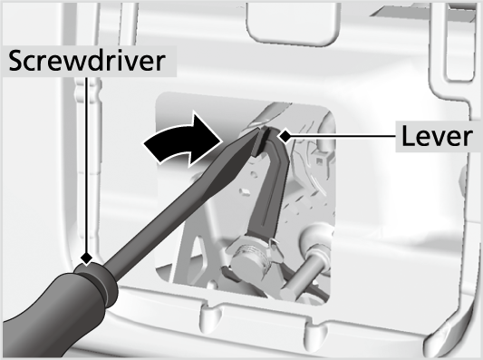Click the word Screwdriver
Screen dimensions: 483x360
click(87, 61)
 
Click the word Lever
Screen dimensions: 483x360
click(437, 136)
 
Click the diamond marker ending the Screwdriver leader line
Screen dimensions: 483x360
click(87, 258)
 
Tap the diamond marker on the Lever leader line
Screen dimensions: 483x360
click(285, 136)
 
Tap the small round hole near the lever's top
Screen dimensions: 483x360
click(254, 175)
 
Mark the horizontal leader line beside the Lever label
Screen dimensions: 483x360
click(343, 136)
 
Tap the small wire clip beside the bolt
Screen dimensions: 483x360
click(275, 247)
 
